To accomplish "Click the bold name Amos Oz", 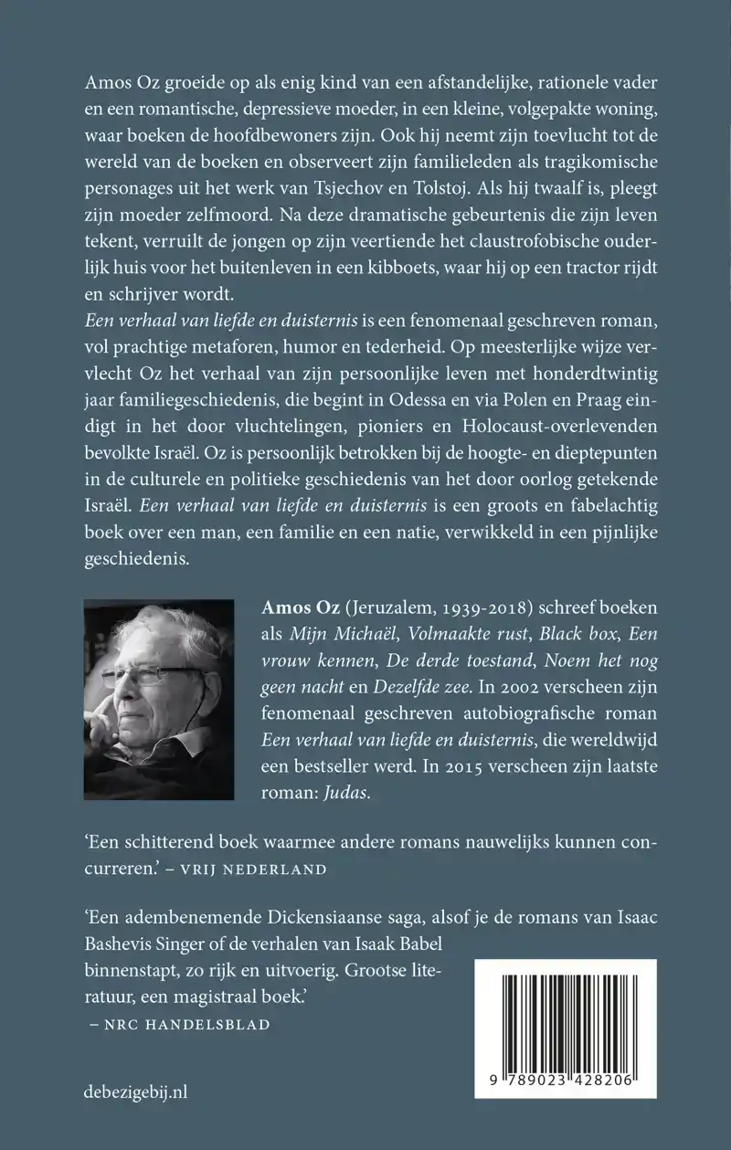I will click(270, 609).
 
